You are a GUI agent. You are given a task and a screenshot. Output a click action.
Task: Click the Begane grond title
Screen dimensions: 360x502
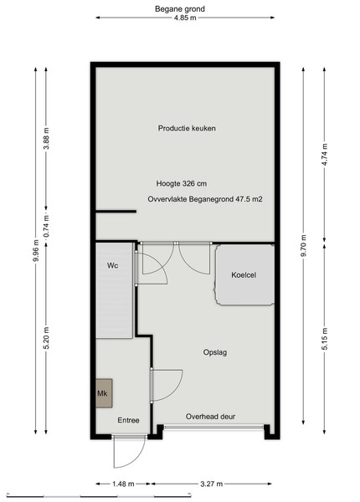click(180, 8)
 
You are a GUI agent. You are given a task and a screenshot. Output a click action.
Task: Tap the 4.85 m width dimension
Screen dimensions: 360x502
click(185, 18)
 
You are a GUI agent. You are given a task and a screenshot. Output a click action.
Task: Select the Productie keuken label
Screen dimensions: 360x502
click(187, 128)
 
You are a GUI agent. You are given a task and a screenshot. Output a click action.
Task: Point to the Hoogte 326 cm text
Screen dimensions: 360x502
click(182, 184)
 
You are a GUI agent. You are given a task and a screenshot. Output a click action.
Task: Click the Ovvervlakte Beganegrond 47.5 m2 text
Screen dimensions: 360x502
click(205, 199)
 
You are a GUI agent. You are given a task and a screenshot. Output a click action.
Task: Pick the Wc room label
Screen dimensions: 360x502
click(112, 265)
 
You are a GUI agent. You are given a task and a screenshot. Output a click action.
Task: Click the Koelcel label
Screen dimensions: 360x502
click(244, 275)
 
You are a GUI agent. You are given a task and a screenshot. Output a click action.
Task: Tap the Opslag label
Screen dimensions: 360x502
click(215, 352)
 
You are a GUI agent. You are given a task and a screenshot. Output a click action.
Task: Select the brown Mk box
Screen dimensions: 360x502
click(104, 393)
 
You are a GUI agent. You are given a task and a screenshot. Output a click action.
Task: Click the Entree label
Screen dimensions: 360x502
click(128, 420)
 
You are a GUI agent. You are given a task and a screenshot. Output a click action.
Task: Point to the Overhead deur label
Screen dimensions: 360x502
click(210, 417)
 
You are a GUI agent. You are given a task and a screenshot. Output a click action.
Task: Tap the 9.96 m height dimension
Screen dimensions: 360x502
click(35, 251)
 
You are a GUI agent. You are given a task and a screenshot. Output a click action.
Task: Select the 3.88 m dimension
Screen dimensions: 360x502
click(46, 138)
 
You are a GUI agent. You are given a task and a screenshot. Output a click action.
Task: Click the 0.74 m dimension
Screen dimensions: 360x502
click(46, 227)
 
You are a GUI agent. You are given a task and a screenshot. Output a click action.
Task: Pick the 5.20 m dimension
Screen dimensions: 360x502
click(46, 338)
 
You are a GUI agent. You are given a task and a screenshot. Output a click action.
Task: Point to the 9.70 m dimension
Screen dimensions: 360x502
click(304, 247)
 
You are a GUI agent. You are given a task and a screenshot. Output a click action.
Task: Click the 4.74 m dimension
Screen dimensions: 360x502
click(325, 155)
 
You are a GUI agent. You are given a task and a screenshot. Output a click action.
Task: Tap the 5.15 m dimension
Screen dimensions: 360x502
click(325, 339)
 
